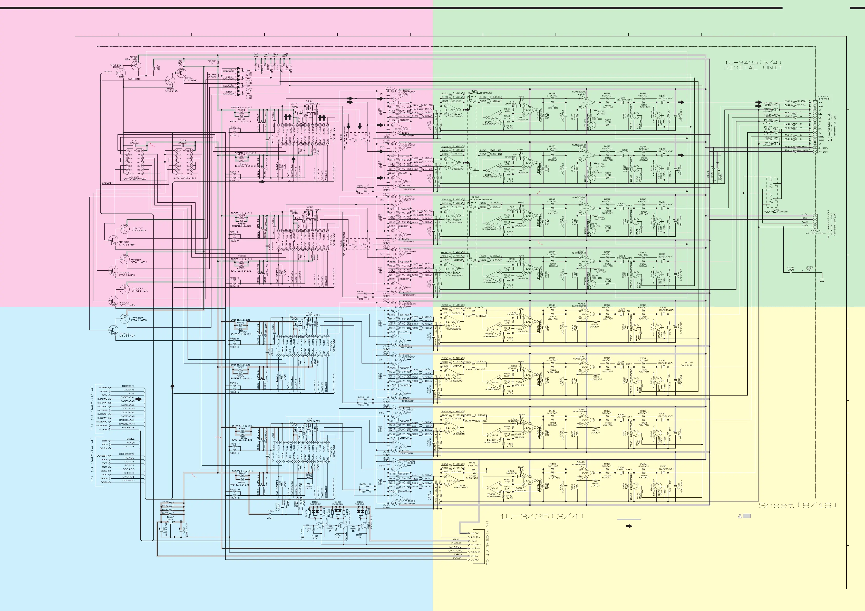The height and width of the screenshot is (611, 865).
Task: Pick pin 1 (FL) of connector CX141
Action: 815,102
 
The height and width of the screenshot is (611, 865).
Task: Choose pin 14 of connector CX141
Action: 815,151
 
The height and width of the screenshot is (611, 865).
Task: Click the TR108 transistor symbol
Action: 113,240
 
